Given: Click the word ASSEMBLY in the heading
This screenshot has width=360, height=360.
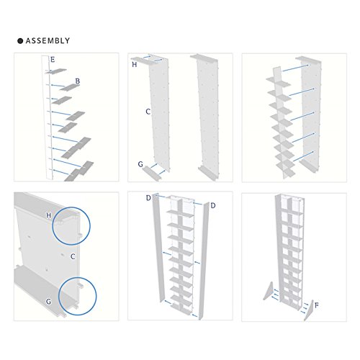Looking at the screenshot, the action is [x=48, y=40].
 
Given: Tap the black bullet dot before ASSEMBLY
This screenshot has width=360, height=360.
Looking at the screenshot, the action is [x=20, y=41].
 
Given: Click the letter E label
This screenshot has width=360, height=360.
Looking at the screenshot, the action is [x=53, y=60].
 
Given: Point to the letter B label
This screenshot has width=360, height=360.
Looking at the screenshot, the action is [x=78, y=81].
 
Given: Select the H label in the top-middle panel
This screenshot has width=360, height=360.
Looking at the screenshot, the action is [x=135, y=64].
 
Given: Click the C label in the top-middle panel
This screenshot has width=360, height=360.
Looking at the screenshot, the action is [x=148, y=112].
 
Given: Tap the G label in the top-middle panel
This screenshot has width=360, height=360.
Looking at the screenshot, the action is [x=140, y=164].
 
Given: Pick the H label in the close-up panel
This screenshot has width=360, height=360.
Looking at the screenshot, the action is [x=49, y=215].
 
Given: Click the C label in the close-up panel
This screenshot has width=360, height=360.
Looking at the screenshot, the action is [x=73, y=256].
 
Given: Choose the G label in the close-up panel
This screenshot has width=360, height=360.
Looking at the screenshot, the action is [x=49, y=301].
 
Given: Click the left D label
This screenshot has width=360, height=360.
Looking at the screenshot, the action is [x=148, y=198].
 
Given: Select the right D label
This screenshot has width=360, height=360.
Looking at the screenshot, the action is [x=213, y=205].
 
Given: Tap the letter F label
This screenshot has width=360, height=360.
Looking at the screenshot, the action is [x=317, y=305].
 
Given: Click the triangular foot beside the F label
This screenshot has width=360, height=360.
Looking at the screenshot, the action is [x=310, y=312].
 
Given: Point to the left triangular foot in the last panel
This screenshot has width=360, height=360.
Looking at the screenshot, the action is [x=269, y=292].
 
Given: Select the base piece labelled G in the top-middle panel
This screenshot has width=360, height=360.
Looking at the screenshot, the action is [x=152, y=174].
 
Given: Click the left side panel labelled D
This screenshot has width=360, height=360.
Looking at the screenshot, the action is [x=158, y=247].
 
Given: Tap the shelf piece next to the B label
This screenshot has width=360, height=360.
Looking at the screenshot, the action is [x=70, y=87].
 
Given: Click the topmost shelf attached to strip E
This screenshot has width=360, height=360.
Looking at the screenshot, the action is [x=57, y=71].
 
